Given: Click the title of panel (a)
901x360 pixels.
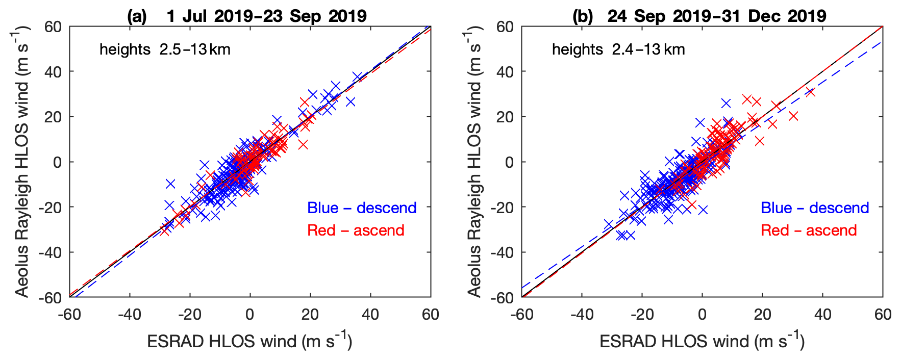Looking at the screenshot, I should coord(247,16).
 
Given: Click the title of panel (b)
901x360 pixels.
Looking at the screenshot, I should coord(699,16).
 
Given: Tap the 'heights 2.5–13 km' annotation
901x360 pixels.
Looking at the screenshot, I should coord(165,49).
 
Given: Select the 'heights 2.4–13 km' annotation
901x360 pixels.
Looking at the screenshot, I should coord(618,49).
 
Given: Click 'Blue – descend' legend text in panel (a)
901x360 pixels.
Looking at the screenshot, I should coord(362,208).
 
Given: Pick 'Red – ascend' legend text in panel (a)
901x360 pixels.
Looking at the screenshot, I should coord(356,230).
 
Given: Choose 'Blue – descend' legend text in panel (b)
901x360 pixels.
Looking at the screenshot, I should coord(815,208).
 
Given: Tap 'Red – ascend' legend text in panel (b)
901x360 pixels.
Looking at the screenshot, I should coord(809,230).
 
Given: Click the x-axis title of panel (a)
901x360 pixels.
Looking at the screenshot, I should coord(249,341).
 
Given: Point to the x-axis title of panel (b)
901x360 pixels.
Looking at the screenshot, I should coord(702,341).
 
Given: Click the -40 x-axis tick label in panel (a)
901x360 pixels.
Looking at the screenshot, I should coord(129,314).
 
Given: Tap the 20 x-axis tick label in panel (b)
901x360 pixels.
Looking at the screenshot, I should coord(762,314).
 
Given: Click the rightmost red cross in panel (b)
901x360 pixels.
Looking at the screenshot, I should coord(810,92).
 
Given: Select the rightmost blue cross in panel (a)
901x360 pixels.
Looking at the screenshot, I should coord(357,75).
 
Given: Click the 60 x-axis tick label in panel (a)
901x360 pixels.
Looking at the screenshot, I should coord(430,314).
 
